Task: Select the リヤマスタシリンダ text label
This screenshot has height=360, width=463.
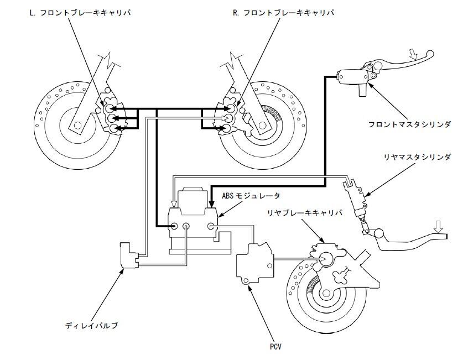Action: (418, 157)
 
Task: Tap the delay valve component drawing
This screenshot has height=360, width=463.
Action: (127, 256)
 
